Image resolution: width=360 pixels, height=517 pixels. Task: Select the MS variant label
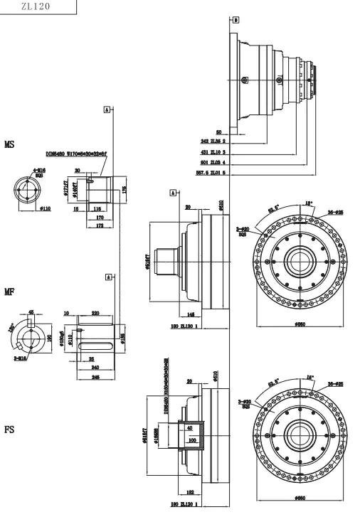click(10, 144)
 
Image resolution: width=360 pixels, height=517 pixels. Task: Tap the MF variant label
click(10, 292)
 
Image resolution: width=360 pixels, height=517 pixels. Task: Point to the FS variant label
click(10, 430)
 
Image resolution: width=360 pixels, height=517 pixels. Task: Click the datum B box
click(236, 20)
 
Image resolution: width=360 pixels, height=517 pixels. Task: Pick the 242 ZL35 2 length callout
click(213, 142)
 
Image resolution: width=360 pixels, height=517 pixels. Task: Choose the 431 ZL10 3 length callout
click(213, 152)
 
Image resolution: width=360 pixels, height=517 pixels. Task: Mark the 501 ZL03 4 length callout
click(213, 162)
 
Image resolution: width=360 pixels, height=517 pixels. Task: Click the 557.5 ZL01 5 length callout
click(211, 173)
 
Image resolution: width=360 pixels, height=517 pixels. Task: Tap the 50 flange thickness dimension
click(218, 132)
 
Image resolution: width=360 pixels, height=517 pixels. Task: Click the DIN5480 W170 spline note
click(76, 153)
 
